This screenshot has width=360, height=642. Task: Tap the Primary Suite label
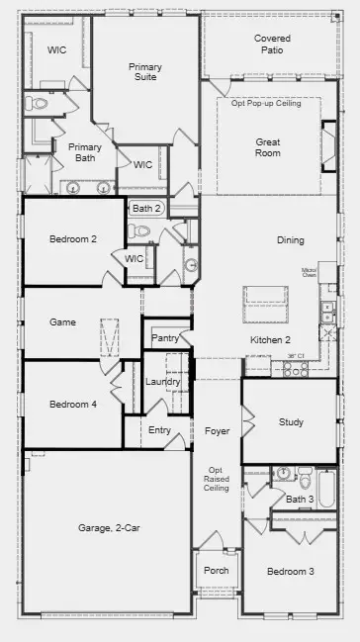(x=145, y=73)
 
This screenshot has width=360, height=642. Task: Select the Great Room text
(x=268, y=147)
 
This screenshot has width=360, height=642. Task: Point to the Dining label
(x=291, y=240)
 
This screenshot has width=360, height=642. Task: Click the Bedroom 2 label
(x=72, y=238)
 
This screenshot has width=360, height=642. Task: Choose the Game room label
(x=63, y=322)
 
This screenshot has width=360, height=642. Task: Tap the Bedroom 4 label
(x=72, y=404)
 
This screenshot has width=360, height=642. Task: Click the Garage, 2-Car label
(x=109, y=528)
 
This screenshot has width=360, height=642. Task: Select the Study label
(x=291, y=422)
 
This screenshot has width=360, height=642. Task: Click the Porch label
(x=217, y=571)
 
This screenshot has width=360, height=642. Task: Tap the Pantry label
(x=164, y=338)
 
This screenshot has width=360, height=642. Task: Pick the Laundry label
(x=161, y=382)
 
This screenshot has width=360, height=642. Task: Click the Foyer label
(x=217, y=431)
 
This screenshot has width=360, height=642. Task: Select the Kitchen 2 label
(x=269, y=339)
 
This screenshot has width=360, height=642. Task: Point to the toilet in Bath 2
(x=142, y=230)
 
